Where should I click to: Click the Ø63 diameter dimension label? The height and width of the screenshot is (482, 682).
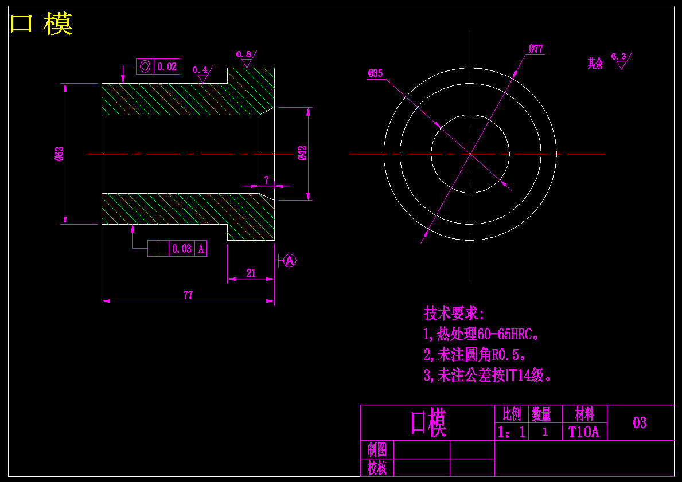pyautogui.click(x=59, y=154)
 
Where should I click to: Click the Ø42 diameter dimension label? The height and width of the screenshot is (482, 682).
pyautogui.click(x=302, y=153)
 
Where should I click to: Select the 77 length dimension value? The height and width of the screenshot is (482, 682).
pyautogui.click(x=188, y=295)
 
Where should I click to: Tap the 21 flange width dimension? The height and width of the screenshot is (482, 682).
pyautogui.click(x=251, y=273)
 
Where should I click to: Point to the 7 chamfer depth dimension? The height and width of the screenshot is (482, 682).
pyautogui.click(x=266, y=180)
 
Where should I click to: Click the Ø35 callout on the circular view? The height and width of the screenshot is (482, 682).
pyautogui.click(x=375, y=73)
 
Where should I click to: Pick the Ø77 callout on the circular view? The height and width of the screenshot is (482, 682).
pyautogui.click(x=536, y=49)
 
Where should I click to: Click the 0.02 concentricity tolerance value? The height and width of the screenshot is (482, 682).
pyautogui.click(x=167, y=66)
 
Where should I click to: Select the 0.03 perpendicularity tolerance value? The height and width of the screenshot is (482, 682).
pyautogui.click(x=182, y=249)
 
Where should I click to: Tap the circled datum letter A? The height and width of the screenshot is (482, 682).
pyautogui.click(x=290, y=261)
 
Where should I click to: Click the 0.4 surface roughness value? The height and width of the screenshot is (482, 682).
pyautogui.click(x=200, y=70)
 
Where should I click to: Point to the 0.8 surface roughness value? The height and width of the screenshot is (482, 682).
pyautogui.click(x=244, y=54)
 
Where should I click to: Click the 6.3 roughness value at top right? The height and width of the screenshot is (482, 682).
pyautogui.click(x=618, y=56)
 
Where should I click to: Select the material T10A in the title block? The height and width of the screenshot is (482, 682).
pyautogui.click(x=583, y=432)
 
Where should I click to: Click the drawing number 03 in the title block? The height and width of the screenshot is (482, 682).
pyautogui.click(x=640, y=423)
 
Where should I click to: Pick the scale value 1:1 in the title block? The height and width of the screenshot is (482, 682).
pyautogui.click(x=512, y=432)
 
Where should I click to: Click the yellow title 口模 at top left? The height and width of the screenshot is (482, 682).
pyautogui.click(x=41, y=25)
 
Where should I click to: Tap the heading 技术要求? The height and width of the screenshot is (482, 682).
pyautogui.click(x=454, y=314)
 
